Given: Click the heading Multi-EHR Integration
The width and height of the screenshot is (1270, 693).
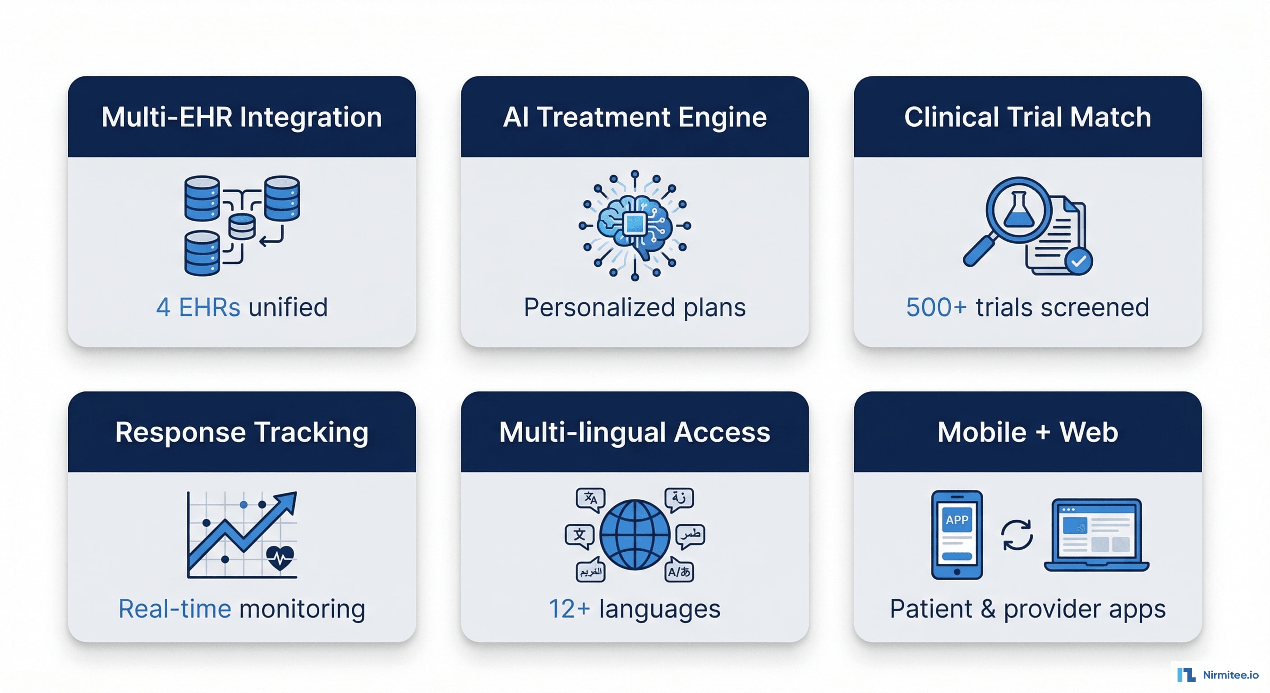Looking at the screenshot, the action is tap(242, 117).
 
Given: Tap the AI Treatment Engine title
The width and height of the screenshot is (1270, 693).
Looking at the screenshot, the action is tap(635, 117).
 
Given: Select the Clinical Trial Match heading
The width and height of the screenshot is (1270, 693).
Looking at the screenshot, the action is tap(1027, 117).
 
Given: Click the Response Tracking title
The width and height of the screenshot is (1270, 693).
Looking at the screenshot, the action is tap(242, 432).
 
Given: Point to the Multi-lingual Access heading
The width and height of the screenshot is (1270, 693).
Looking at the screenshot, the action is tap(635, 432).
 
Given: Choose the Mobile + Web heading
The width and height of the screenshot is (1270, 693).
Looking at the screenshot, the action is tap(1027, 432).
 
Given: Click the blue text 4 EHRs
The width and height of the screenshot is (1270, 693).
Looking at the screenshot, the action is tap(198, 307).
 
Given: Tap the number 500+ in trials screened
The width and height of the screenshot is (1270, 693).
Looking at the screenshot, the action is tap(936, 307).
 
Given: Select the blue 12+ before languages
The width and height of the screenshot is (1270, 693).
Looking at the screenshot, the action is tap(569, 609).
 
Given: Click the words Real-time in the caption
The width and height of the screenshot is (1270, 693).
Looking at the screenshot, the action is tap(175, 609).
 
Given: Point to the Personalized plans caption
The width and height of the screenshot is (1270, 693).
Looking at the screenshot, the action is tap(635, 307).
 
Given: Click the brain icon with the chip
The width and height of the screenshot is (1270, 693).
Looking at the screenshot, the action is tap(635, 226).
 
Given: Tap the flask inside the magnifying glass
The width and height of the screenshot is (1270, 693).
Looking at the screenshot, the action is tap(1018, 211).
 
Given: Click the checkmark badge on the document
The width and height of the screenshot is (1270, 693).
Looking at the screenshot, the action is tap(1078, 261).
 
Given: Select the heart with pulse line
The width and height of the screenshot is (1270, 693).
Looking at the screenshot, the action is tap(280, 558).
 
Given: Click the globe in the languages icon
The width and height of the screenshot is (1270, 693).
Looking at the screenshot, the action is tap(635, 535).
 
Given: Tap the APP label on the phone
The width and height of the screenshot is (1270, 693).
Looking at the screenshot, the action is tap(957, 519).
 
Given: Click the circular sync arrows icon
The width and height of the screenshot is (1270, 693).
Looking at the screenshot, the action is tap(1017, 535).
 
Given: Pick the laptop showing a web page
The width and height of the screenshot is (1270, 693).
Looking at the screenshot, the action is tap(1096, 535).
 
